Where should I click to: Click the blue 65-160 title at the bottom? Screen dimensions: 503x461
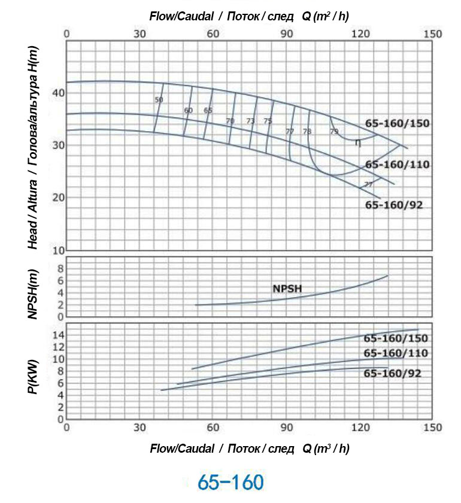pyautogui.click(x=230, y=481)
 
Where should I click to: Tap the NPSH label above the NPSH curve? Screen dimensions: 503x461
pyautogui.click(x=287, y=289)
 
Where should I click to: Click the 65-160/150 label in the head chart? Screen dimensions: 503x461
pyautogui.click(x=398, y=124)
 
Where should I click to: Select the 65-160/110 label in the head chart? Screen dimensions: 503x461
pyautogui.click(x=398, y=165)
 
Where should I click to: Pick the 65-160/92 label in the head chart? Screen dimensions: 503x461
pyautogui.click(x=394, y=205)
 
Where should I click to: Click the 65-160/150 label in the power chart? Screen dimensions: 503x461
pyautogui.click(x=396, y=338)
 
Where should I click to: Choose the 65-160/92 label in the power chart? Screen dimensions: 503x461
pyautogui.click(x=393, y=374)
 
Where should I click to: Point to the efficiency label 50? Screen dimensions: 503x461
pyautogui.click(x=159, y=100)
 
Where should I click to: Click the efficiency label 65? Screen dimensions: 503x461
pyautogui.click(x=208, y=111)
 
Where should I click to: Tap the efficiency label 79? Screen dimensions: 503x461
pyautogui.click(x=334, y=131)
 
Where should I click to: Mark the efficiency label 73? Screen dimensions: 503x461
pyautogui.click(x=250, y=121)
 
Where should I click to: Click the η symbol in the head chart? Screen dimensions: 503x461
pyautogui.click(x=357, y=143)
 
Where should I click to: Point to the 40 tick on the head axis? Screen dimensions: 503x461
pyautogui.click(x=58, y=93)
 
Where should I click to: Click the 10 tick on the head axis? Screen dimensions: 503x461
pyautogui.click(x=58, y=250)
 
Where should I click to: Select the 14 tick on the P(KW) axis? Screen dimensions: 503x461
pyautogui.click(x=57, y=335)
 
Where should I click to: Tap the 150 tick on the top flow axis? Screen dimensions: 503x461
pyautogui.click(x=432, y=34)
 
